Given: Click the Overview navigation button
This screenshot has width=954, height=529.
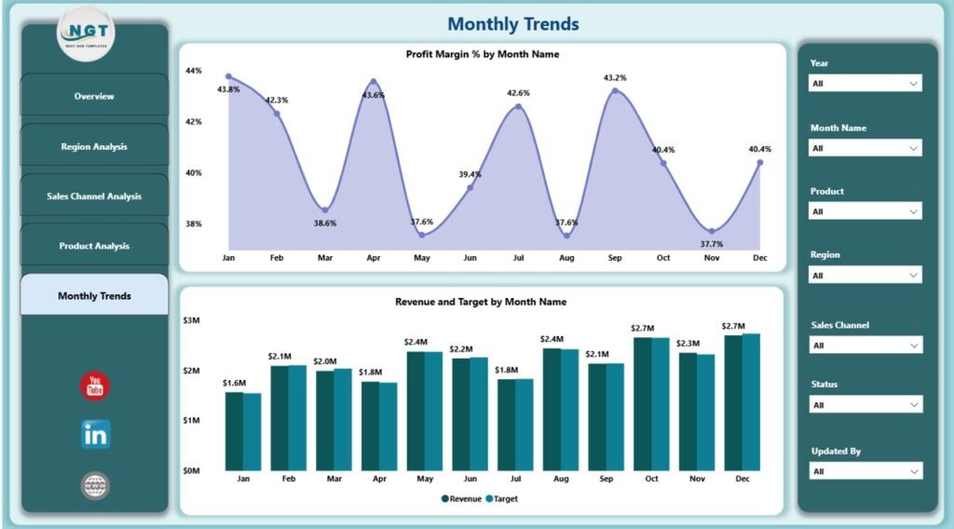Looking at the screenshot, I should pos(94,96).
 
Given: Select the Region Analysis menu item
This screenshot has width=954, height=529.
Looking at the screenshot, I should pos(94,146).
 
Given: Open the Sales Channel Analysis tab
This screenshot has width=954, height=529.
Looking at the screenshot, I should pos(94,197).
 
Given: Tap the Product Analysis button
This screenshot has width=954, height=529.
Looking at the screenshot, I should pos(94,246).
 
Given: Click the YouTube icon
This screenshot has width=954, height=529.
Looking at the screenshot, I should pos(95,386).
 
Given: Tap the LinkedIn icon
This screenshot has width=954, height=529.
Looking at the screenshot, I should pos(95,433).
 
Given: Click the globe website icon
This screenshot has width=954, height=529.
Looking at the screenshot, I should pos(95,484).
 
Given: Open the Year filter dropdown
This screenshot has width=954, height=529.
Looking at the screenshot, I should pos(865,83).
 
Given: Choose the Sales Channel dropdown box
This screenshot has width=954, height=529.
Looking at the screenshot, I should pos(865,346).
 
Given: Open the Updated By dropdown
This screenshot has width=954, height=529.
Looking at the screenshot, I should pos(865,471).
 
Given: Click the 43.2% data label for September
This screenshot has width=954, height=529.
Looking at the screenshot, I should pos(615,78).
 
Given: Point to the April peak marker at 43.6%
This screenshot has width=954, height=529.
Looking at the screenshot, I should pos(374,82).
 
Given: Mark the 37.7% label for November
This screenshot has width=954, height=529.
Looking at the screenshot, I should pos(711,244).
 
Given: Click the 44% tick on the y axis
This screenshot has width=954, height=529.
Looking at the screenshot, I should pos(194,71).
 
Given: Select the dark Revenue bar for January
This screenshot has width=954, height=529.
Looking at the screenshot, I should pos(234,431).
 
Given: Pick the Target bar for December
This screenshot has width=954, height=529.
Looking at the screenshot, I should pos(752,402).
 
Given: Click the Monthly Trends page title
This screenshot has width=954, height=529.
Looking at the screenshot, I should pos(513,24).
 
